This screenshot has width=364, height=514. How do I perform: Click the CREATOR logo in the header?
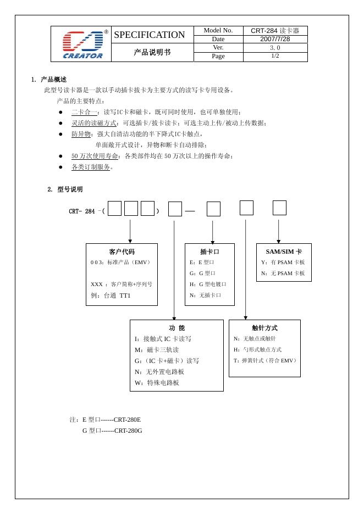point(82,44)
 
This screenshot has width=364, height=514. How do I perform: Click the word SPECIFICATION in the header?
point(149,35)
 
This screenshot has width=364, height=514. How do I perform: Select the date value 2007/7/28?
point(275,39)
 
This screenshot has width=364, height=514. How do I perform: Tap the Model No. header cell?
point(218,30)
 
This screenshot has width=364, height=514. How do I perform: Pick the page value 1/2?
point(275,56)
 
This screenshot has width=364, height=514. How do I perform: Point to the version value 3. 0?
point(275,48)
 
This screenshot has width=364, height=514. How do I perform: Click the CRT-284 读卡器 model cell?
point(275,30)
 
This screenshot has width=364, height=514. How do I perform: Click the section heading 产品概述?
point(53,80)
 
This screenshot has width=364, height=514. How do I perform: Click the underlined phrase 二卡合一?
point(84,112)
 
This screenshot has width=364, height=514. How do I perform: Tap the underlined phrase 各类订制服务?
point(91,167)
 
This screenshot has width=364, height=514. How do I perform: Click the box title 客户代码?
point(122,252)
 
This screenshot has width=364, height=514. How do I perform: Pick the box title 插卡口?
point(209,252)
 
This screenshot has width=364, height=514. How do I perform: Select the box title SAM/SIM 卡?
point(284,252)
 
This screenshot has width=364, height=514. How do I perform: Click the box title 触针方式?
point(264,328)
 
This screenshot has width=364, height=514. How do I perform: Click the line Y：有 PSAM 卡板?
point(283,262)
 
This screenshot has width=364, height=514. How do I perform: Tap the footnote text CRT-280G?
point(128,431)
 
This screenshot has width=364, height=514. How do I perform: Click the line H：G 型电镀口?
point(208,284)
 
